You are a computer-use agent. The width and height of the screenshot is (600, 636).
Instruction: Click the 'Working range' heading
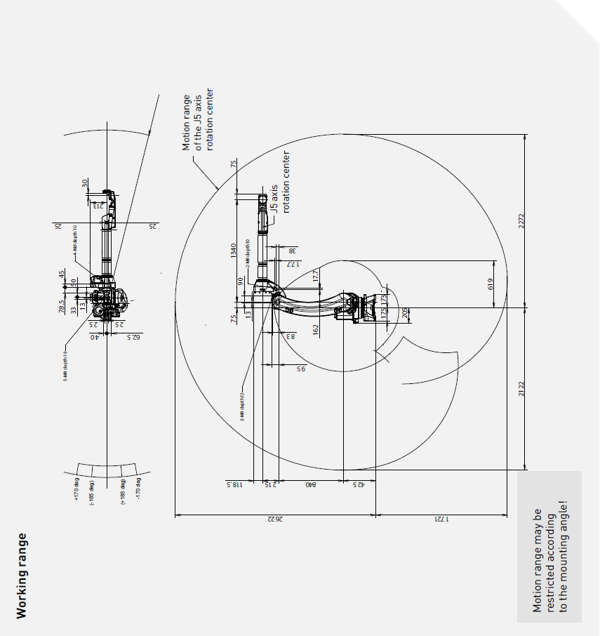[x=22, y=576]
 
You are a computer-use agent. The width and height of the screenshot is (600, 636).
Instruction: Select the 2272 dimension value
[x=521, y=222]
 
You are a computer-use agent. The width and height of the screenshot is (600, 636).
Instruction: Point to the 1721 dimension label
[x=440, y=519]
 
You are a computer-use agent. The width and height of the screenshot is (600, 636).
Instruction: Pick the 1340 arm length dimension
[x=234, y=249]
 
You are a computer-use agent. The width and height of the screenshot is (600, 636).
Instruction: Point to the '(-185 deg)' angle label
[x=91, y=489]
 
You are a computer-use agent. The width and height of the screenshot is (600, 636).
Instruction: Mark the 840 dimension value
[x=309, y=484]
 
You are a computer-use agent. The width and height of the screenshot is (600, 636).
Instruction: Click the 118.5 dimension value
[x=235, y=484]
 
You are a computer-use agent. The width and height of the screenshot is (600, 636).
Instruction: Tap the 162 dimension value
[x=316, y=328]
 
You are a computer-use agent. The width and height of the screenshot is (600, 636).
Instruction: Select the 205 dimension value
[x=405, y=313]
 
